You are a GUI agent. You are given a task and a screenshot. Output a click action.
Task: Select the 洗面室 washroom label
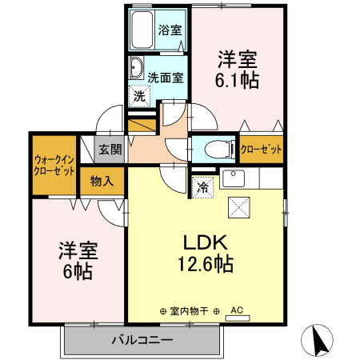(166, 78)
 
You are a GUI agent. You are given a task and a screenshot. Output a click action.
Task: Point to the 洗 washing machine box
(139, 94)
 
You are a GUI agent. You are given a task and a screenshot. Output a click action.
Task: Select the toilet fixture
(217, 150)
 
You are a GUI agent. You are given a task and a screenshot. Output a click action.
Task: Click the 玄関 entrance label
(110, 150)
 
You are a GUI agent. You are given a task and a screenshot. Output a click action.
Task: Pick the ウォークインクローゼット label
(54, 165)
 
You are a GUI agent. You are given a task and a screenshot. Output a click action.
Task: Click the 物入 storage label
(102, 182)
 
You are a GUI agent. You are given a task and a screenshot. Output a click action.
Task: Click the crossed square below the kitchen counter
(240, 206)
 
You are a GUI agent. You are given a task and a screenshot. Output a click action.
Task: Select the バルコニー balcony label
(142, 341)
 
